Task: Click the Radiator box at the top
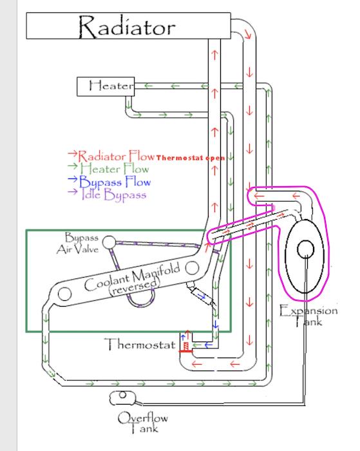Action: (x=129, y=26)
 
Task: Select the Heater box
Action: (x=106, y=86)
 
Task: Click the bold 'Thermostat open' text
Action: (x=191, y=158)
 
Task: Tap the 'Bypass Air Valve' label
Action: (x=78, y=244)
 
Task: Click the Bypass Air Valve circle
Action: (x=109, y=242)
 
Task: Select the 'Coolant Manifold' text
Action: (x=132, y=276)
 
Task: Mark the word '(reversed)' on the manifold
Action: (x=134, y=287)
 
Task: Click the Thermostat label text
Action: (x=140, y=344)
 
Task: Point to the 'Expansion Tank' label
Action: (x=308, y=316)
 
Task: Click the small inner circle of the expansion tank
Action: (x=305, y=249)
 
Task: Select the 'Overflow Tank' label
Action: (x=142, y=422)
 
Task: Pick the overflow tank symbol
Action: (x=123, y=398)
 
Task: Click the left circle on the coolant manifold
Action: (x=64, y=294)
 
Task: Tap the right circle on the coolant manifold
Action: (x=192, y=268)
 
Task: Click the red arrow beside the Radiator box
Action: (x=248, y=34)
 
